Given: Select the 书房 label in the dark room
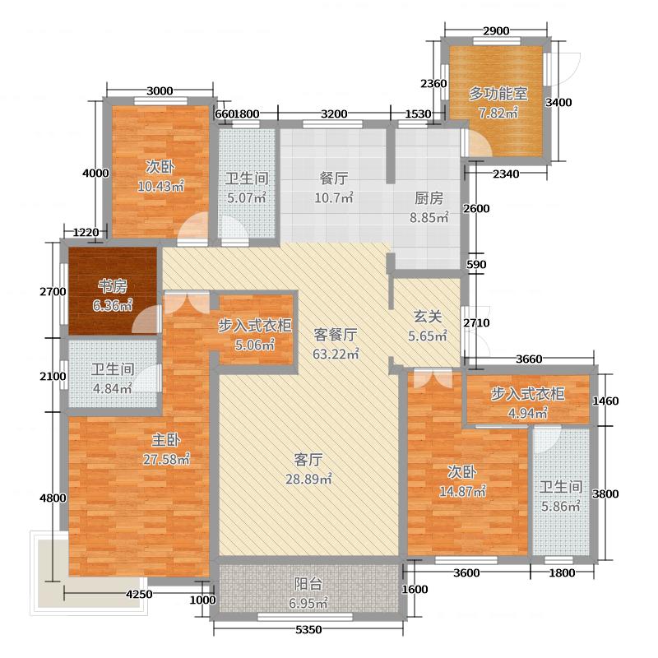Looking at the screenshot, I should pos(113,286).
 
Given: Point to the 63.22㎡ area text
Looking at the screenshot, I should pos(336,354).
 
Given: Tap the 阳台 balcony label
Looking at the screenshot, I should pos(308,585).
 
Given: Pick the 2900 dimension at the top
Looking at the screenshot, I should pos(495,30).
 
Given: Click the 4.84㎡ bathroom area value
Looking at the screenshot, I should pos(112,389).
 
